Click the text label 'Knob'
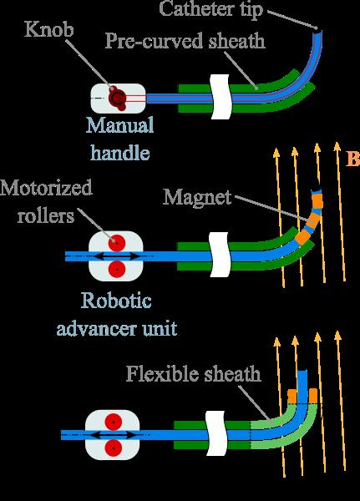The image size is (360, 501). click(x=49, y=29)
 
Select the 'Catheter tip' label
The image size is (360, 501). click(x=210, y=9)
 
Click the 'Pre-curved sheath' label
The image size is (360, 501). click(x=185, y=41)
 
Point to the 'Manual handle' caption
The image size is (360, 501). click(x=120, y=139)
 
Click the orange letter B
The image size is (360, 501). click(x=353, y=159)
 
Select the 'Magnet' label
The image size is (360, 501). click(x=197, y=197)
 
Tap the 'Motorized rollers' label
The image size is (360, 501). click(x=46, y=201)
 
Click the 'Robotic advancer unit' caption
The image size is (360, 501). click(x=117, y=315)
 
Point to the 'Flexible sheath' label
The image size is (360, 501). click(x=194, y=373)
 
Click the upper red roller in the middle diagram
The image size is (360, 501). click(x=116, y=243)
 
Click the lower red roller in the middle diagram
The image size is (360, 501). click(x=116, y=270)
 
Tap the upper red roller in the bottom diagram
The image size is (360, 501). click(x=114, y=422)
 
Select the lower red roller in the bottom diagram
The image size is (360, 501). click(x=114, y=448)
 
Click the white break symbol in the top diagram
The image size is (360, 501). click(x=220, y=97)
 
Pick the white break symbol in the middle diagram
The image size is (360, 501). click(x=220, y=255)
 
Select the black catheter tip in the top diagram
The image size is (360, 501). click(x=317, y=28)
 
